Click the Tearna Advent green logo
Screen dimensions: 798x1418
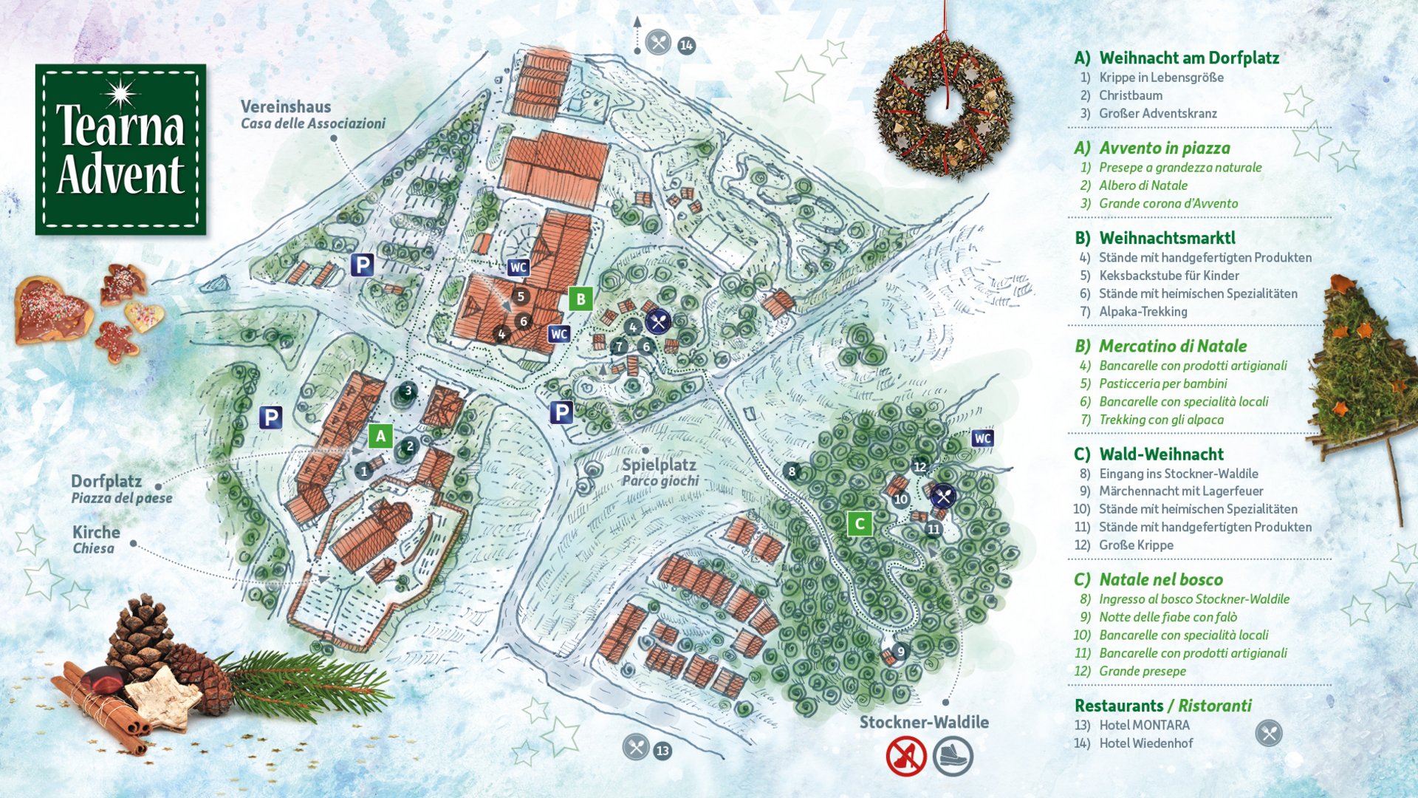click(120, 149)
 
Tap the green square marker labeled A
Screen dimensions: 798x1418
click(380, 437)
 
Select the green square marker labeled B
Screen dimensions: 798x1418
click(580, 299)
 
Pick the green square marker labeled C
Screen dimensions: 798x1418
click(859, 524)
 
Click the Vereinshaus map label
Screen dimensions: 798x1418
click(286, 107)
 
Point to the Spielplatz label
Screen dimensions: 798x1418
click(659, 465)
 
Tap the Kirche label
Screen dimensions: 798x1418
click(96, 533)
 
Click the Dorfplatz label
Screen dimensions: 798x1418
click(106, 482)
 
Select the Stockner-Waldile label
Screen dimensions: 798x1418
click(924, 722)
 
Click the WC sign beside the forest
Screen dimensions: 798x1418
click(982, 438)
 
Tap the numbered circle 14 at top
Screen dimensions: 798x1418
click(686, 45)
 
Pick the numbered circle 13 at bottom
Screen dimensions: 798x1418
click(662, 751)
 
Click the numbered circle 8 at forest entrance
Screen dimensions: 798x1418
click(792, 471)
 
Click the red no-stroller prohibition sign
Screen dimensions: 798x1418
click(906, 756)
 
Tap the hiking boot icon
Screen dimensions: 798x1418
click(953, 756)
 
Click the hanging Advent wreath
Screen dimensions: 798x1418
click(943, 107)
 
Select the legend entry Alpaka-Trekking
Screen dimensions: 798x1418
click(1143, 312)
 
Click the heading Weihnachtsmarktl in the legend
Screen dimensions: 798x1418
click(1167, 238)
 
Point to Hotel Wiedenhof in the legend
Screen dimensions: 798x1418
click(1145, 743)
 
